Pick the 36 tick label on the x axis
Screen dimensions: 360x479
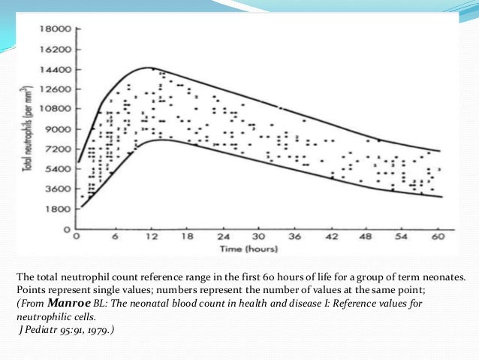pos(295,237)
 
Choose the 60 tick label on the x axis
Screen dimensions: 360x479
pos(439,237)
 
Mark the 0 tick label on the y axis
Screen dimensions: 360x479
pos(68,228)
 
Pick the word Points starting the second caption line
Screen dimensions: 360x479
pos(28,292)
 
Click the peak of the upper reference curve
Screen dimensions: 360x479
pos(149,68)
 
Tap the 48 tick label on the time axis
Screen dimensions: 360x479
pos(367,237)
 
